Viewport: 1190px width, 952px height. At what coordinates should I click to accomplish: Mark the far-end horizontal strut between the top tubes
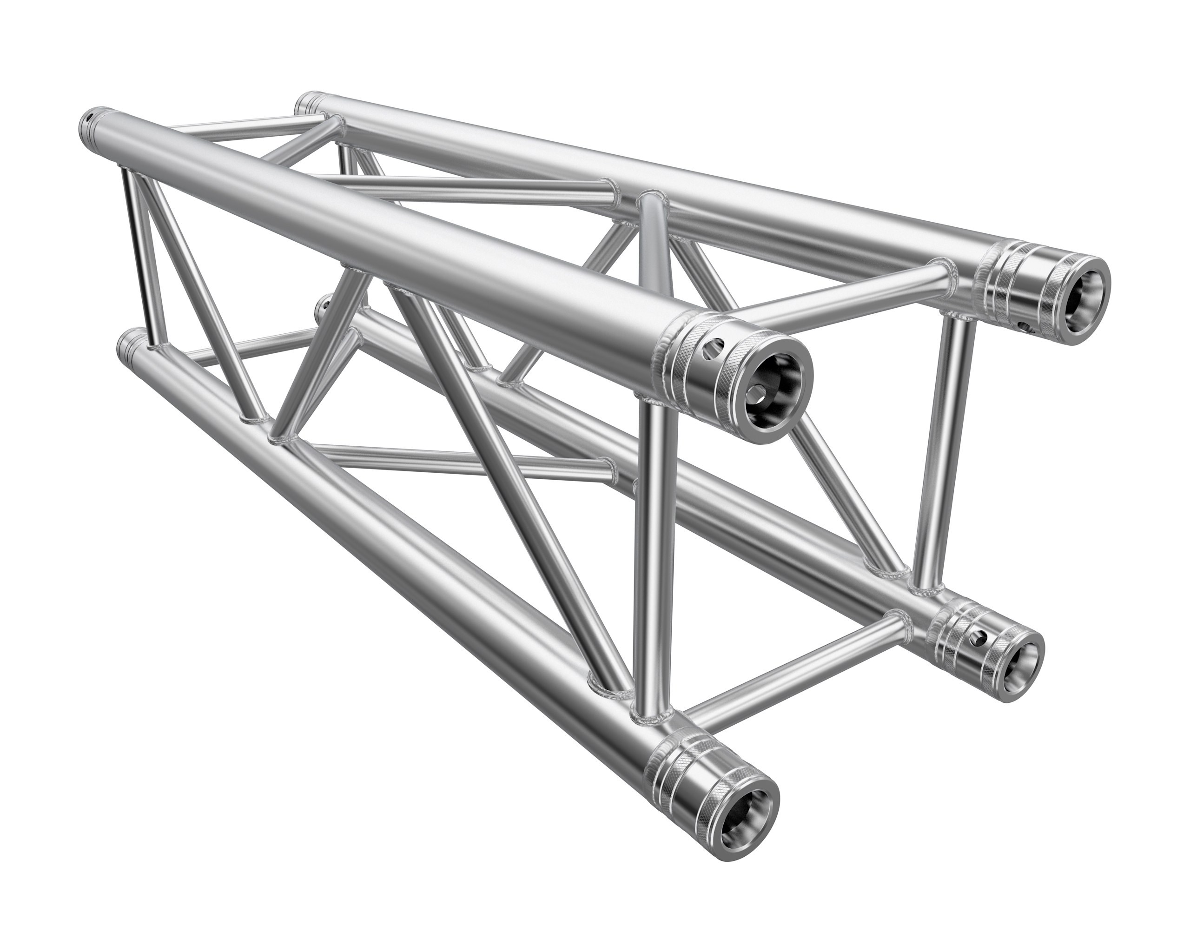[243, 130]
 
